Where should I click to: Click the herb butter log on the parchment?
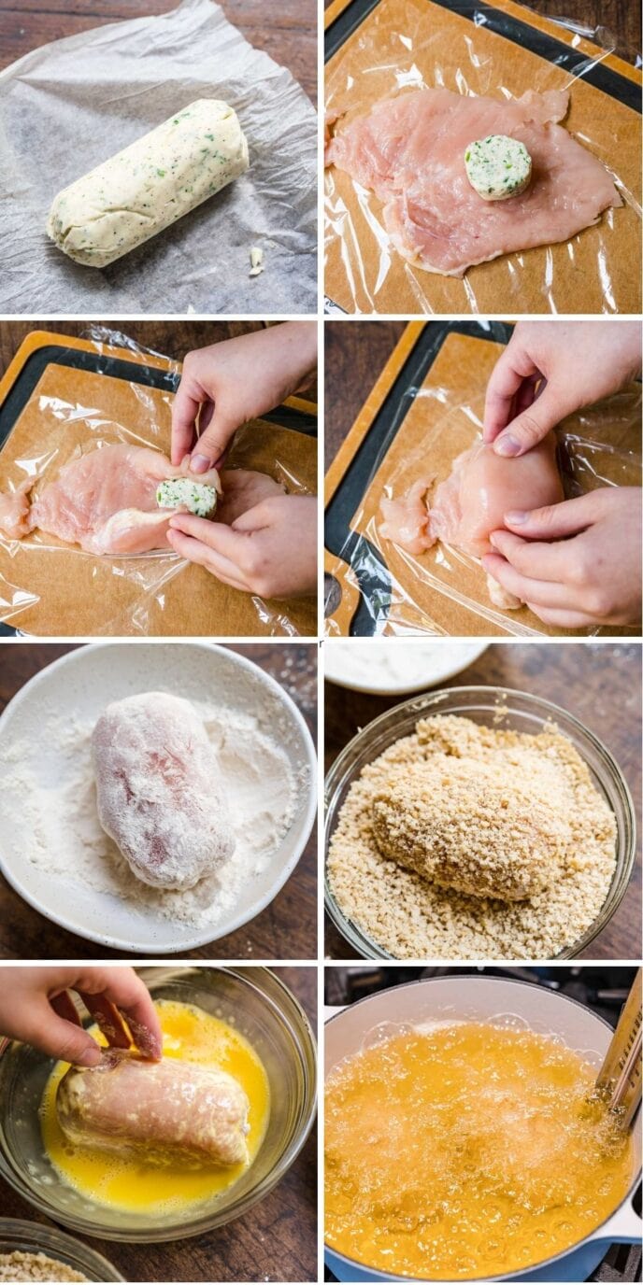[x=148, y=182]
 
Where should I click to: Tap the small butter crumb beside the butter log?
[x=255, y=259]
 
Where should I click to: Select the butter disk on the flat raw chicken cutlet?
[x=498, y=166]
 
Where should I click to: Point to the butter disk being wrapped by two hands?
[x=187, y=496]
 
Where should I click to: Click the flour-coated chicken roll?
[x=161, y=788]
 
